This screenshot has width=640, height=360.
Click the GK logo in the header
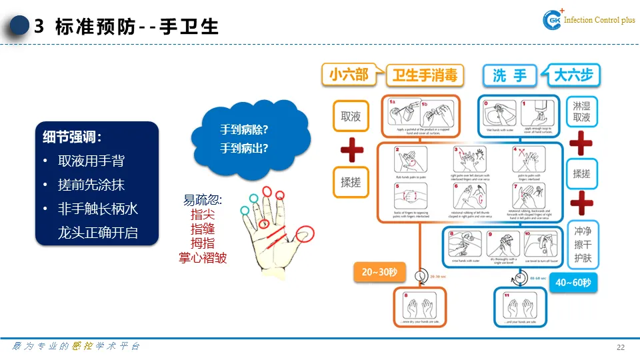(553, 21)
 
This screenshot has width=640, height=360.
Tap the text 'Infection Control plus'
(600, 21)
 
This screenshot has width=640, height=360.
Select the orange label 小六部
(348, 75)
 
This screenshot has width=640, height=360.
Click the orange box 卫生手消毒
(425, 75)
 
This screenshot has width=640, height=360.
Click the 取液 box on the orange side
(351, 116)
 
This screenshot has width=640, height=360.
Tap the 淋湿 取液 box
(581, 111)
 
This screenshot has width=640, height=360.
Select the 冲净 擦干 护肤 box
(582, 245)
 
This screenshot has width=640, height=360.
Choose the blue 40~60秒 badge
(573, 283)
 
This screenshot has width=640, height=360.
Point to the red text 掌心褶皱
(203, 257)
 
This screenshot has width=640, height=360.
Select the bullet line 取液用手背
(91, 161)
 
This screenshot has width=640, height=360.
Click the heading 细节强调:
(72, 137)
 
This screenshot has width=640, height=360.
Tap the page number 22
(620, 348)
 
